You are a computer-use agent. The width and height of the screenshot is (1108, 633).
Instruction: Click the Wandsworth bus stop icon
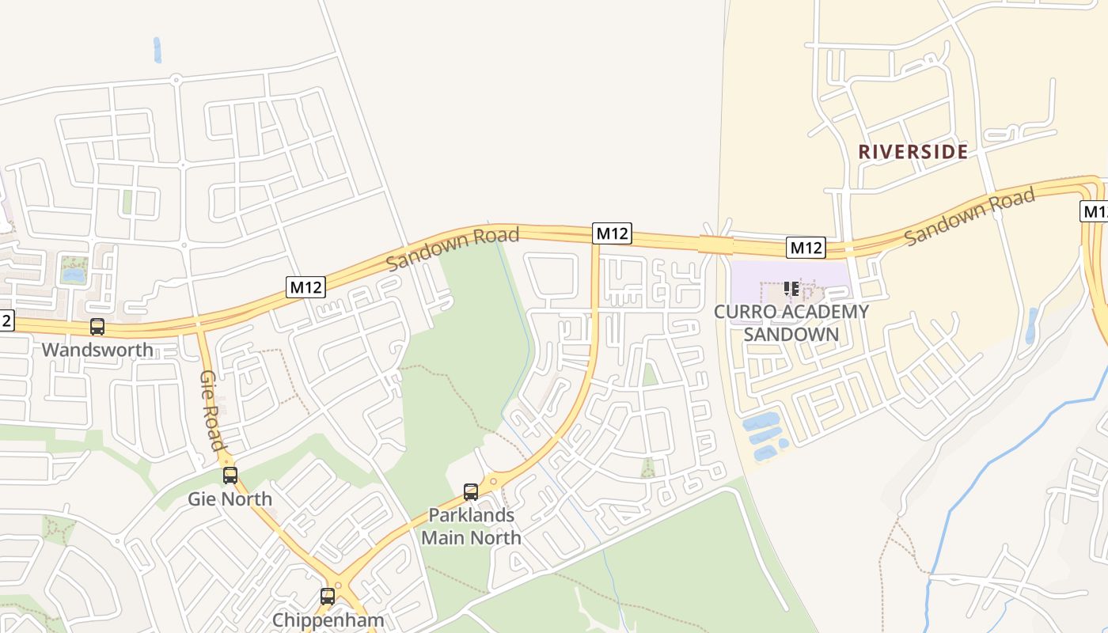click(x=97, y=326)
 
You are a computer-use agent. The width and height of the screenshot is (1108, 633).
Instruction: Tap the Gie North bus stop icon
click(x=230, y=475)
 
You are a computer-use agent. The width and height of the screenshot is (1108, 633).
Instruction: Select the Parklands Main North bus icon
click(x=471, y=492)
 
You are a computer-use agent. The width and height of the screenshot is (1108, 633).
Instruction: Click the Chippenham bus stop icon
click(x=328, y=597)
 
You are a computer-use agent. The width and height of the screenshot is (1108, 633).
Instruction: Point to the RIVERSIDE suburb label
click(x=913, y=152)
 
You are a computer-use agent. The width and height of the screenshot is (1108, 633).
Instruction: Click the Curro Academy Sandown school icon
click(x=791, y=289)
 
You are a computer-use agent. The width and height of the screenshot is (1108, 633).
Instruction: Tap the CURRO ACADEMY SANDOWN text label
click(x=791, y=322)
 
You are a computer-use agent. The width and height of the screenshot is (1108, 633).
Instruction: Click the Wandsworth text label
click(x=97, y=350)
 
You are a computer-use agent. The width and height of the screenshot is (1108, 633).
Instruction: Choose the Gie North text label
click(x=230, y=499)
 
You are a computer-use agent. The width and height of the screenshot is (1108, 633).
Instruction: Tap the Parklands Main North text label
click(x=471, y=526)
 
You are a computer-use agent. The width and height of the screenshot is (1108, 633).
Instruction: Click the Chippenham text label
click(x=328, y=620)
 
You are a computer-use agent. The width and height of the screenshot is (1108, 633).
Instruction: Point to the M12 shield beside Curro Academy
click(x=806, y=248)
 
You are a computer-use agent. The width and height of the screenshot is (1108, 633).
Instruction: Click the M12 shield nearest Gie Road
click(x=305, y=286)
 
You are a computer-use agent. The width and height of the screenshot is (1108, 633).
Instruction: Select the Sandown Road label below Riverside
click(x=970, y=216)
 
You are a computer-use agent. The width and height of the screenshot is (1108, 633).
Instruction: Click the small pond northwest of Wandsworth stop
click(x=73, y=275)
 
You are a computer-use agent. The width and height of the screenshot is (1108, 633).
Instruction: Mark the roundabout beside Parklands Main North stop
click(x=493, y=480)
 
